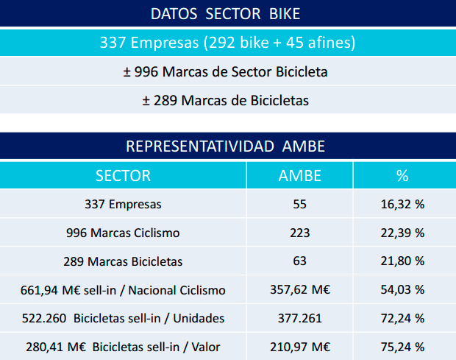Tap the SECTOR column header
[x=123, y=176]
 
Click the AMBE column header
[x=300, y=176]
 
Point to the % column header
[x=402, y=176]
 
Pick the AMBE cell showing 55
[x=299, y=205]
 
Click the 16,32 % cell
[x=402, y=205]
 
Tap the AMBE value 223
[x=299, y=233]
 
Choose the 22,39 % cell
[x=402, y=233]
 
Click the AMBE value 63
[x=299, y=261]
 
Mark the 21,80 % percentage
[x=402, y=261]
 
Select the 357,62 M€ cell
[x=300, y=290]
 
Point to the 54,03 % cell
[x=402, y=290]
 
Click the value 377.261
[x=299, y=318]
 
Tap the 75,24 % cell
[x=402, y=347]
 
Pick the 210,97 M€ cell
[x=300, y=347]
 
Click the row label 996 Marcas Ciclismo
[x=123, y=233]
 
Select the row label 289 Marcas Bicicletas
[x=123, y=261]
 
